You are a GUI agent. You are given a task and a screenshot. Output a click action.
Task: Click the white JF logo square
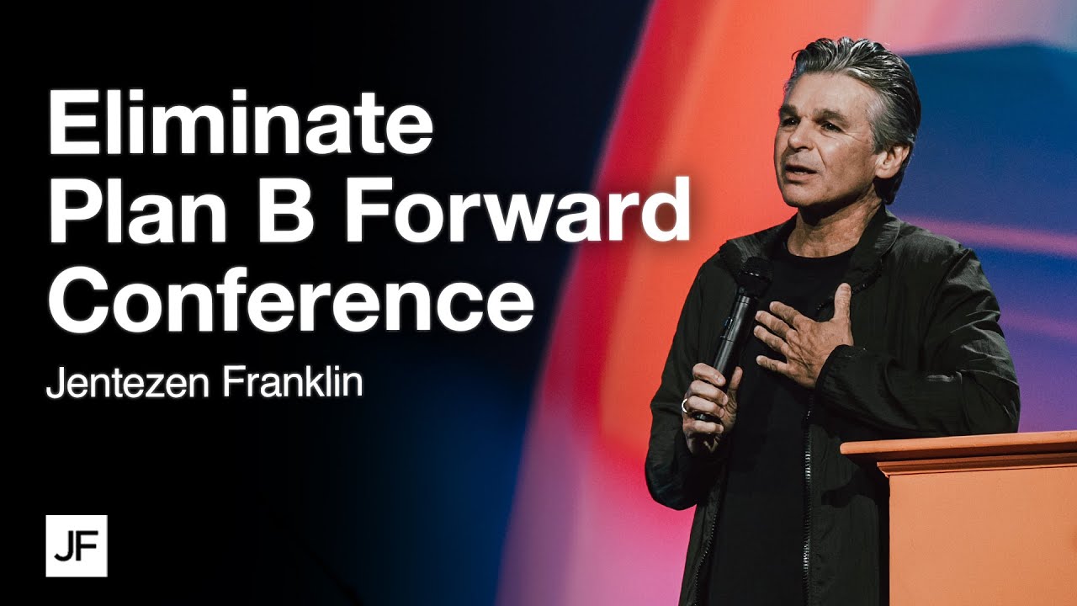coord(77,545)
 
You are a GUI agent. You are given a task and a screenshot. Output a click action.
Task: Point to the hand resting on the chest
coord(804,332)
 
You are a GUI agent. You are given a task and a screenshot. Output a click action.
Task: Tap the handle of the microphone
coord(730,337)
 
